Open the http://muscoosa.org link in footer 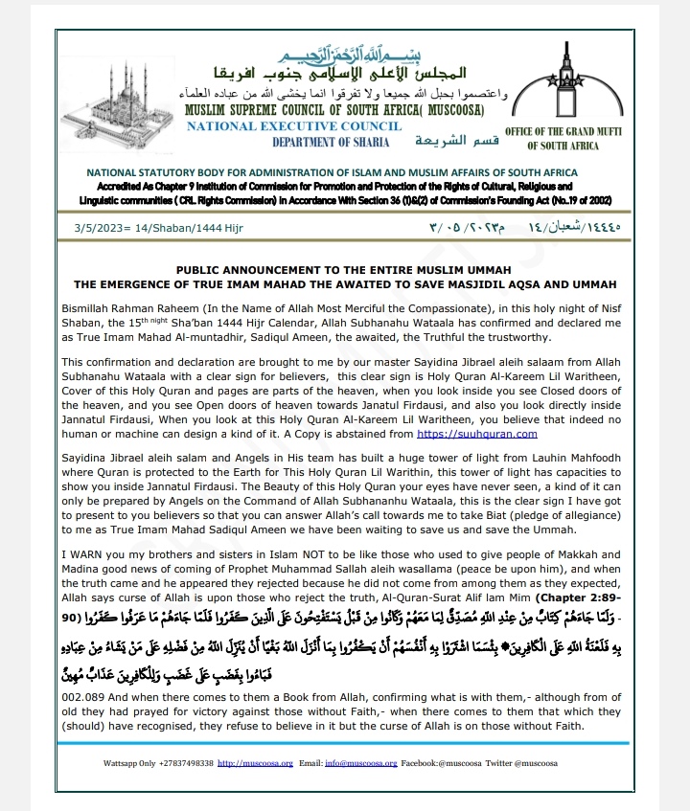(x=253, y=764)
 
